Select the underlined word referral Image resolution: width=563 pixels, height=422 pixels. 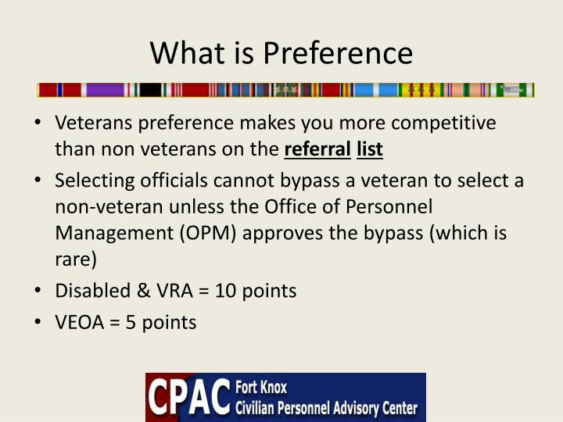pyautogui.click(x=317, y=148)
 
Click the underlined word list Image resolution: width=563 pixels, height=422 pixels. pyautogui.click(x=370, y=148)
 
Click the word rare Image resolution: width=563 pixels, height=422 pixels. pyautogui.click(x=74, y=258)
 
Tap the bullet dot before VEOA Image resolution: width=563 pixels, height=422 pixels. pyautogui.click(x=40, y=322)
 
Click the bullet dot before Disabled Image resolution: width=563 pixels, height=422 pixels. pyautogui.click(x=40, y=291)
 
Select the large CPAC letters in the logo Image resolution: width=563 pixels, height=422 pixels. pyautogui.click(x=190, y=398)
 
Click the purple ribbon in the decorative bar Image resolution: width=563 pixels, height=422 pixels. pyautogui.click(x=105, y=90)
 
